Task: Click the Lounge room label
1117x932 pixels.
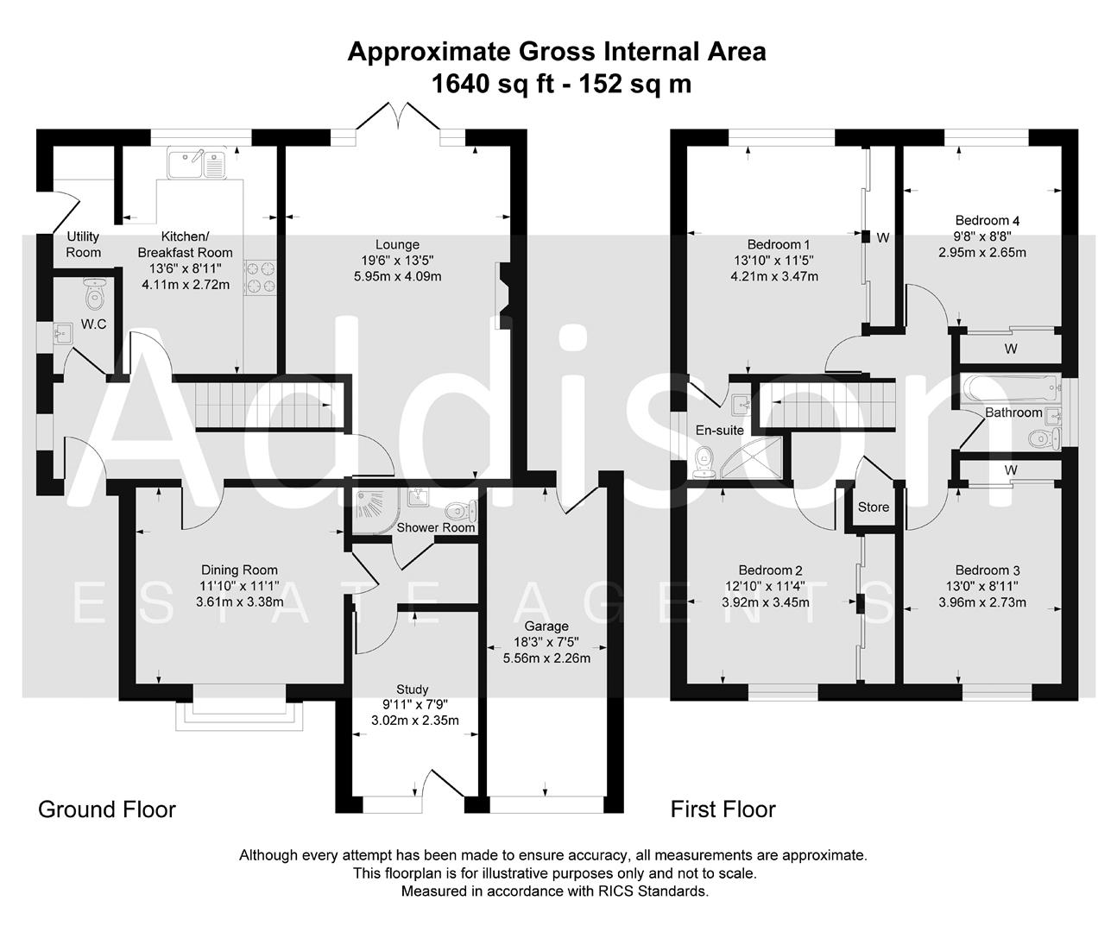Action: [397, 244]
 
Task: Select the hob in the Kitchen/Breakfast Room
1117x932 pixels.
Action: [260, 276]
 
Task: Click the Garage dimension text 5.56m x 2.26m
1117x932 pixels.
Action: [546, 658]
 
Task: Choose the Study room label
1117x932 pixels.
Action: [412, 690]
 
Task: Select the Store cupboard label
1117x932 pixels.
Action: [874, 507]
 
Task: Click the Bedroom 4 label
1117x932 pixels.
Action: [981, 220]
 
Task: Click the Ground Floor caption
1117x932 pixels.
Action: [107, 809]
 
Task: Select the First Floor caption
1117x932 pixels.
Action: [723, 809]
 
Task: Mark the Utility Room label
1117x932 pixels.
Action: [83, 244]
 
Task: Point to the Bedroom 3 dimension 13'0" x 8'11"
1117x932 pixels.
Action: [981, 586]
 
